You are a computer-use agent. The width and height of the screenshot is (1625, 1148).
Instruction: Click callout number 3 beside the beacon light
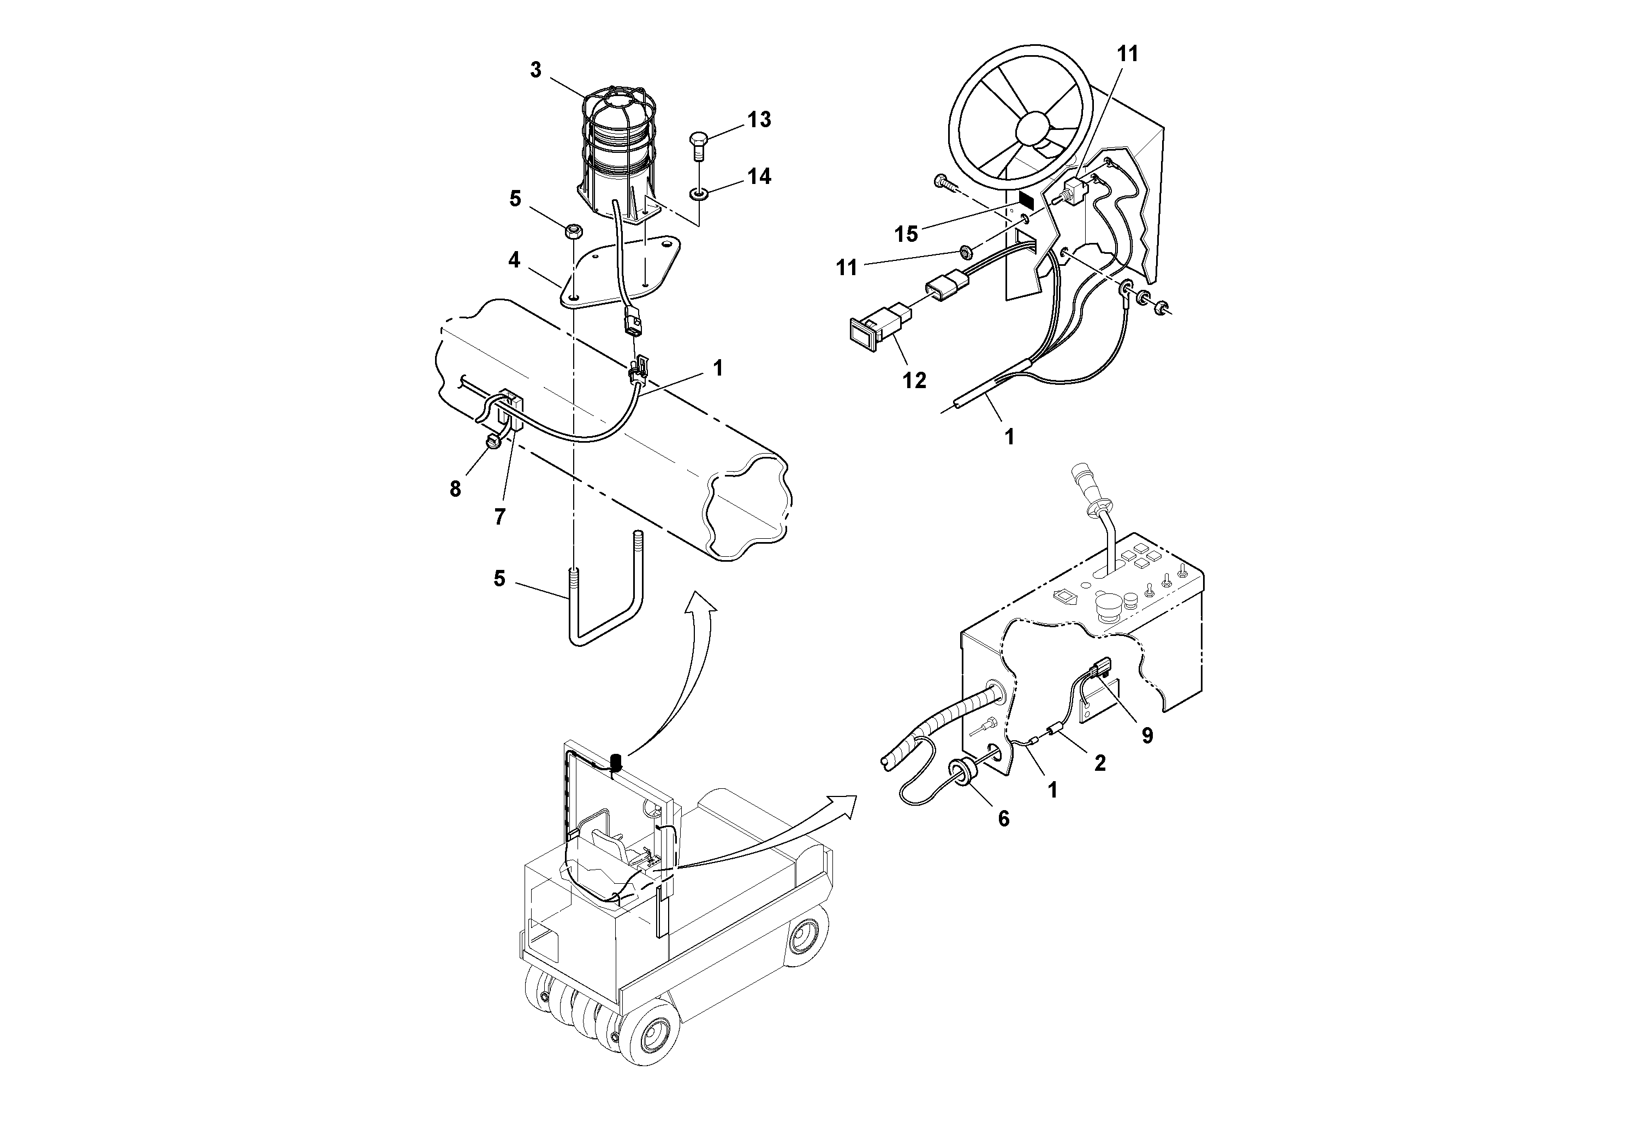pos(536,70)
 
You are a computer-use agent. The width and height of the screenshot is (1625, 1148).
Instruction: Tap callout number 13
pos(759,120)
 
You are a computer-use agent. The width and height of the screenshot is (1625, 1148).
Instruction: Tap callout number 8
pos(455,489)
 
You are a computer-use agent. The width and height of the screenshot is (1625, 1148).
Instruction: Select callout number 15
pos(907,234)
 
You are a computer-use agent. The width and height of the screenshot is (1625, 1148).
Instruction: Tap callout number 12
pos(914,381)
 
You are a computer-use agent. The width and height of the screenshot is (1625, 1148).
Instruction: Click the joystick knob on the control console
pos(1084,473)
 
